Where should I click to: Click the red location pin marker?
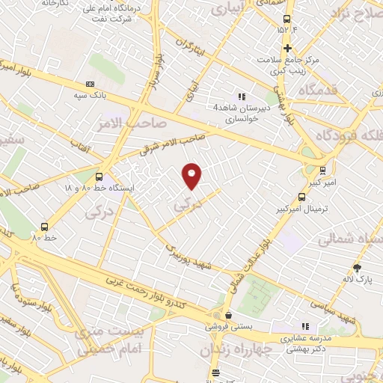(x=192, y=175)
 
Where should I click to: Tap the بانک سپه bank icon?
(x=91, y=84)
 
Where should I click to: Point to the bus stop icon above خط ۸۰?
(x=45, y=227)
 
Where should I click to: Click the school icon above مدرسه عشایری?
(x=304, y=326)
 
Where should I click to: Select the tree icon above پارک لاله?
(x=357, y=268)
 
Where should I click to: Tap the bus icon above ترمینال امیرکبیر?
(x=301, y=197)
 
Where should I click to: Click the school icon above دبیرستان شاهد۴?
(x=241, y=96)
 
